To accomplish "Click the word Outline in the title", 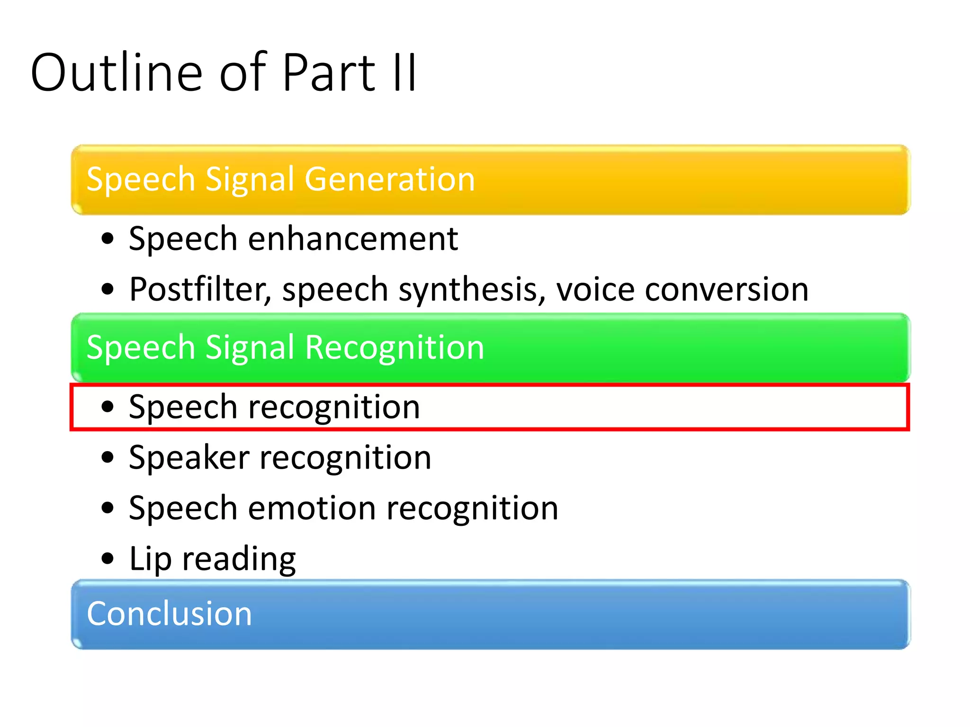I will pyautogui.click(x=117, y=73).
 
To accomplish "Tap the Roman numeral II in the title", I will pyautogui.click(x=404, y=73).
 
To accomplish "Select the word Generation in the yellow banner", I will pyautogui.click(x=389, y=179).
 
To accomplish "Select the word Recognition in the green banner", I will pyautogui.click(x=395, y=348).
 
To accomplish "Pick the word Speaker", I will pyautogui.click(x=189, y=458).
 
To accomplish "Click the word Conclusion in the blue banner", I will pyautogui.click(x=169, y=614).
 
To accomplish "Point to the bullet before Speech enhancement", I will pyautogui.click(x=108, y=239).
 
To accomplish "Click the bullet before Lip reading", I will pyautogui.click(x=108, y=559).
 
